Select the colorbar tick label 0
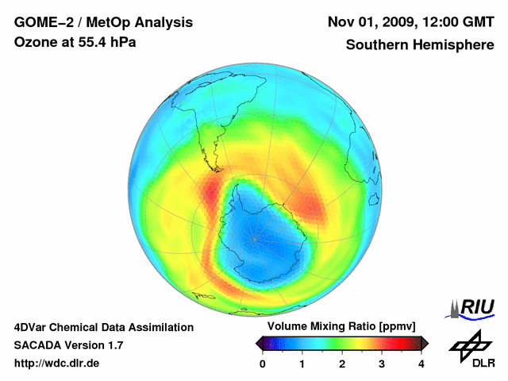[x=263, y=364]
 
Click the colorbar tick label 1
[x=302, y=364]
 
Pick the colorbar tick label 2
[x=342, y=364]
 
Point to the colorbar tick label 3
[x=382, y=364]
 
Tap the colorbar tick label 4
[x=421, y=364]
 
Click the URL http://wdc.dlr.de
[x=57, y=364]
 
